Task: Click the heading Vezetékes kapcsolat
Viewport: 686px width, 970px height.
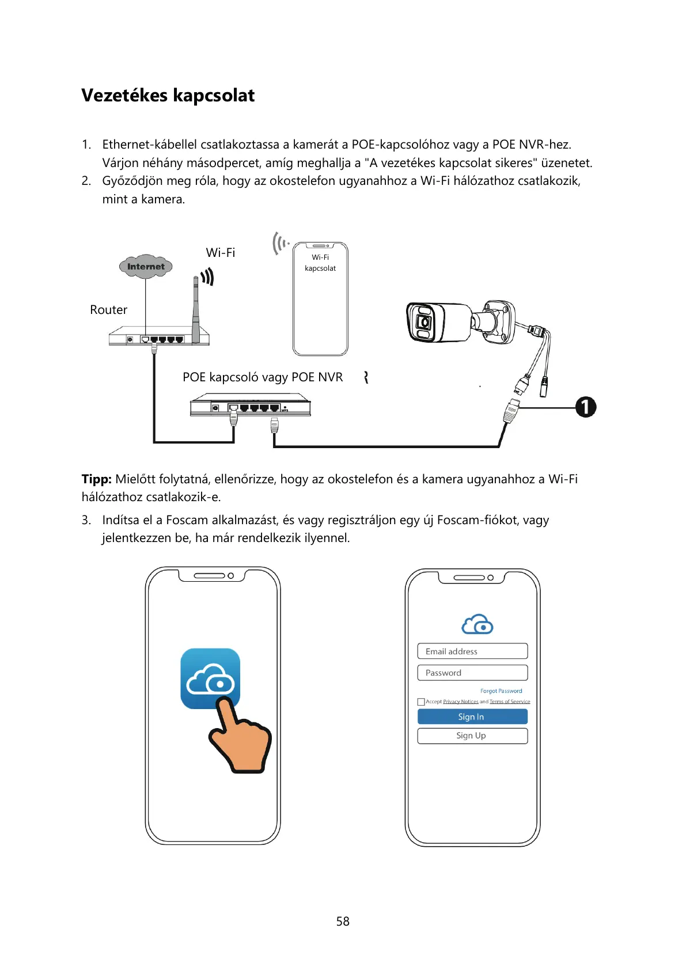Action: point(168,95)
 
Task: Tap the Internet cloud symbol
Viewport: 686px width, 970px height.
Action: point(146,267)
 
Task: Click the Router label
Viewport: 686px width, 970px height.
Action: point(108,310)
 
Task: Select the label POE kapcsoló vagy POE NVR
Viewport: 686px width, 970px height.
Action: point(262,377)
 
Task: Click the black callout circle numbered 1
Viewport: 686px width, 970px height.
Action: point(586,407)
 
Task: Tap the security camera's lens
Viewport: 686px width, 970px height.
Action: point(424,322)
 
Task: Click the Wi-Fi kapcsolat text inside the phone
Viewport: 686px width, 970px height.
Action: point(320,263)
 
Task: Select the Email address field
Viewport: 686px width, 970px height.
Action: point(472,651)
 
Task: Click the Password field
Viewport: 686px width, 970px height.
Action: point(472,673)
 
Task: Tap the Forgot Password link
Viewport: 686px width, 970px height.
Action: point(501,691)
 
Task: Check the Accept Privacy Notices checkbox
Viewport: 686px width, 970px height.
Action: point(421,702)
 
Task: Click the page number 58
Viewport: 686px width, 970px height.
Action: point(343,921)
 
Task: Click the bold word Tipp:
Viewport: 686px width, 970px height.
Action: point(96,479)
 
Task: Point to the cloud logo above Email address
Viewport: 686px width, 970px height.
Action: point(477,624)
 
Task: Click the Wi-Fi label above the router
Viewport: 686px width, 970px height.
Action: point(221,252)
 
